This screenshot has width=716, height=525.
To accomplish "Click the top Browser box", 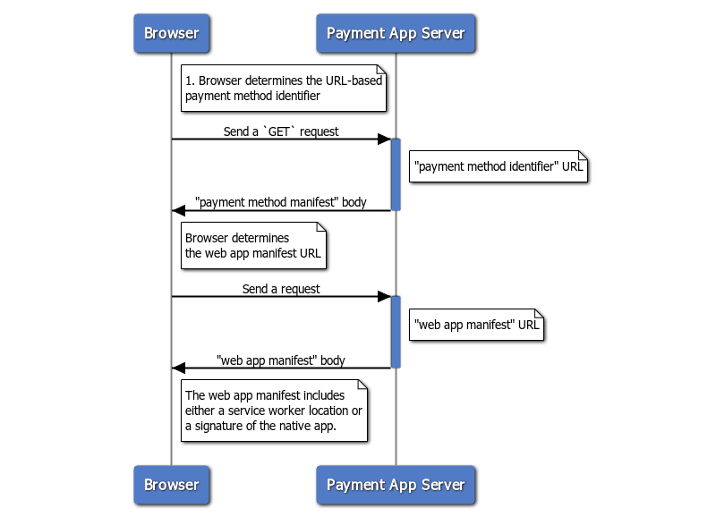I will (x=171, y=33).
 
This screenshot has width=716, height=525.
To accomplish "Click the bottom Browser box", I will (x=171, y=485).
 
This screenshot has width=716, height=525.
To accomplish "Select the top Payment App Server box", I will (x=396, y=33).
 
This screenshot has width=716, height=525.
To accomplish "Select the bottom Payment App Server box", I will (x=396, y=485).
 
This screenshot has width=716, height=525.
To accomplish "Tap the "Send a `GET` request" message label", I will (x=281, y=131).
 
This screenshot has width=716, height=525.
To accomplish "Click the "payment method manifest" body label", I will (x=281, y=202).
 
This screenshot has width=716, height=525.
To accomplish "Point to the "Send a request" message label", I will (x=281, y=289).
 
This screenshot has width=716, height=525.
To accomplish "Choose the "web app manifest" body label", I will (x=281, y=360).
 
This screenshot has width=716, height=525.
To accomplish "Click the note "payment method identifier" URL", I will (x=498, y=166).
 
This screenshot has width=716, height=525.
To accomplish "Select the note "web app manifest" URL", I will (x=477, y=324).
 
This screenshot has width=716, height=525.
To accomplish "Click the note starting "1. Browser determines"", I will (x=284, y=88).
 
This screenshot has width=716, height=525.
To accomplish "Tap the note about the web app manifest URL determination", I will (x=252, y=246).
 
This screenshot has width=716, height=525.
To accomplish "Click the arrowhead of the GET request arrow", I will (x=384, y=140).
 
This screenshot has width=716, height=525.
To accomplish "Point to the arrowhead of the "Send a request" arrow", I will (x=384, y=297).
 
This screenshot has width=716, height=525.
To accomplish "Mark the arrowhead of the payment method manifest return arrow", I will (x=179, y=210).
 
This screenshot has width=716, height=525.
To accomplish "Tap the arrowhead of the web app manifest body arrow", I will (x=179, y=368).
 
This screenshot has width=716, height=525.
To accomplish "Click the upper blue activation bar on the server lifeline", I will (x=396, y=174).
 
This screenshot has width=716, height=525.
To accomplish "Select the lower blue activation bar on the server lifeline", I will (x=396, y=332).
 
